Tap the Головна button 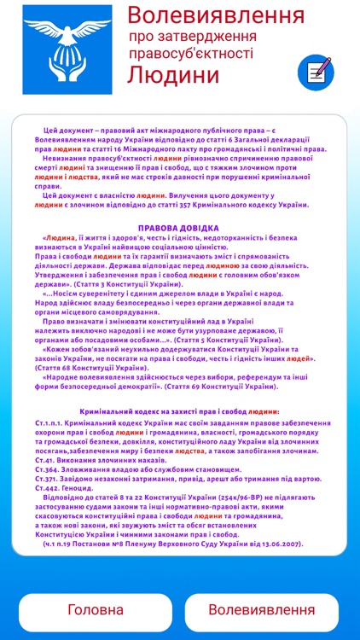(95, 609)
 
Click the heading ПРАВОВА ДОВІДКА (180, 230)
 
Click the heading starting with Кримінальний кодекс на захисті (180, 410)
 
